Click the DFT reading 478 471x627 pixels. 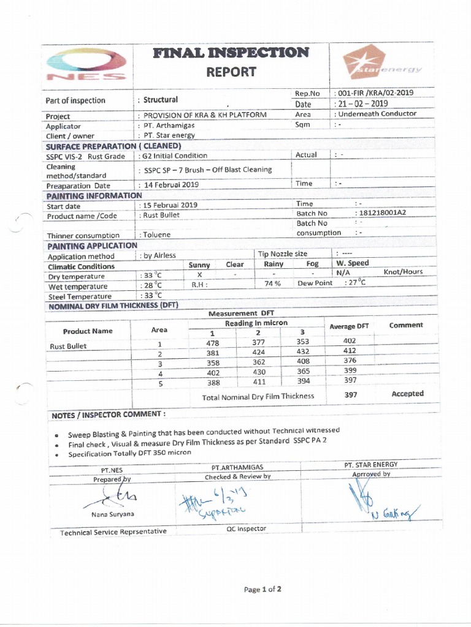pos(212,343)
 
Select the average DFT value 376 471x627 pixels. pos(350,361)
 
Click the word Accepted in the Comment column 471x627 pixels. pos(407,394)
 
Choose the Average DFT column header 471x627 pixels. pos(349,326)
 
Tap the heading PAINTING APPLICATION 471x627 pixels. pos(92,246)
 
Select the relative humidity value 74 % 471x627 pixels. pos(272,283)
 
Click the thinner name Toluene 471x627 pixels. pos(158,235)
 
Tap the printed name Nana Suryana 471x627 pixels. pos(113,514)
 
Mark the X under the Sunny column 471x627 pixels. pos(200,275)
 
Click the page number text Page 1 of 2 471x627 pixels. pos(262,590)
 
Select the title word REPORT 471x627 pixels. pos(231,72)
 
